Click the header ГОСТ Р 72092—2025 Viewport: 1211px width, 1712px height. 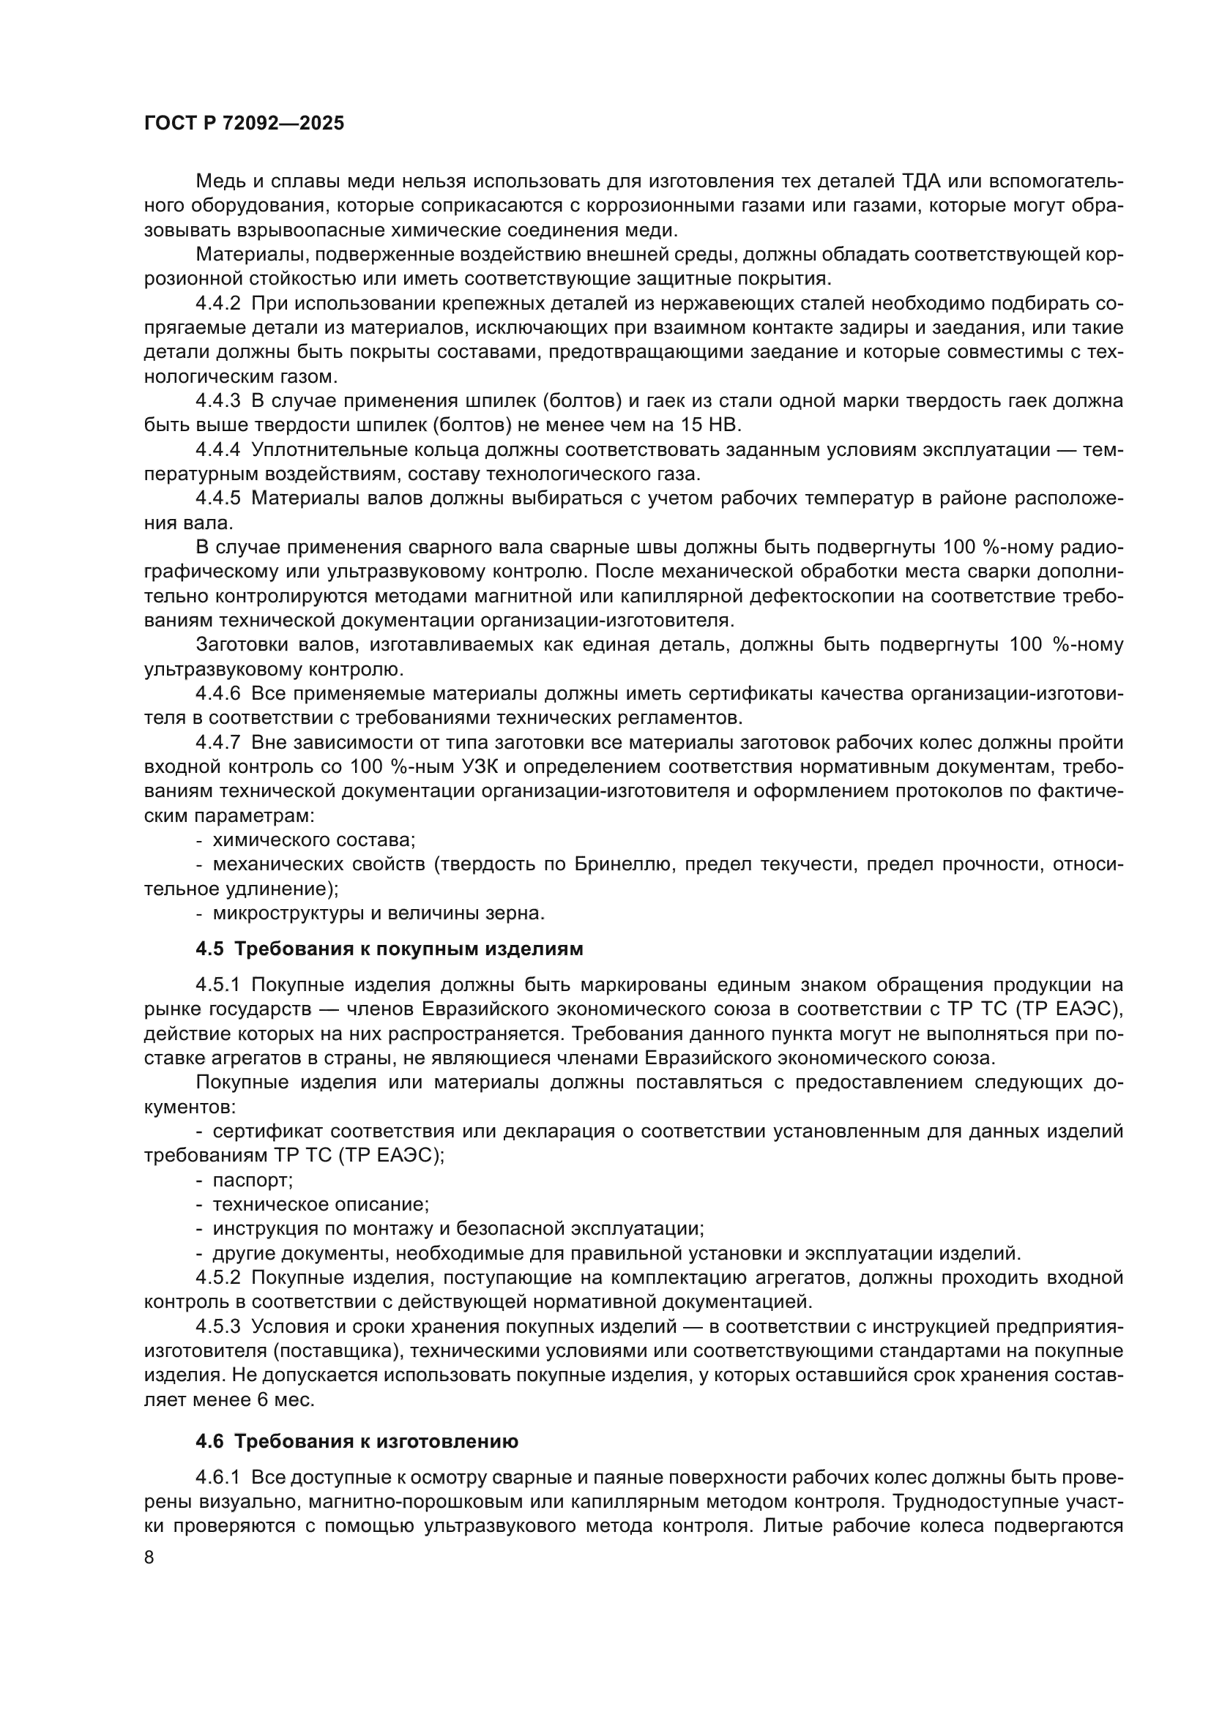click(244, 124)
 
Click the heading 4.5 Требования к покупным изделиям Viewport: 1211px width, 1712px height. click(390, 949)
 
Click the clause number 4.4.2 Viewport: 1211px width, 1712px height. click(217, 304)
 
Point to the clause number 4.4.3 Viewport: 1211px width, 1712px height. click(217, 401)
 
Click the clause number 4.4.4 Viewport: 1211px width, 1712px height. click(217, 449)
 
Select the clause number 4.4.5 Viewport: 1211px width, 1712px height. click(217, 498)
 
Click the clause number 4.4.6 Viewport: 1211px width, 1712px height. click(217, 693)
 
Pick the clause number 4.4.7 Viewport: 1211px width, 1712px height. click(217, 743)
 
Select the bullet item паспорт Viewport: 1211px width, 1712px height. click(252, 1181)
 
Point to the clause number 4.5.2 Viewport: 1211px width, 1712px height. click(217, 1278)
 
